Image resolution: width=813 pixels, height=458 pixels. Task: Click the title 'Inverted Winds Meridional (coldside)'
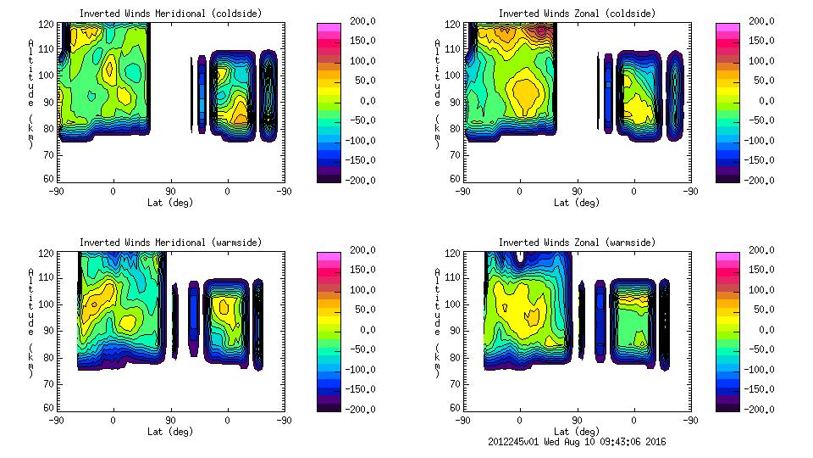coord(170,14)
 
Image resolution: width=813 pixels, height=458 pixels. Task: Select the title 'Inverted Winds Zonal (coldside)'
coord(577,14)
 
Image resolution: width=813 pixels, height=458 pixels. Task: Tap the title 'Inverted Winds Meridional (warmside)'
coord(170,243)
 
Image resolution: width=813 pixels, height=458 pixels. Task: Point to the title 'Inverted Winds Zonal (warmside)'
coord(577,243)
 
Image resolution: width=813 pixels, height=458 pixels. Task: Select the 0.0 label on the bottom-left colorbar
coord(360,329)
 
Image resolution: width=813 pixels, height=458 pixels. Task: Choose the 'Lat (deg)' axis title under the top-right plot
coord(577,203)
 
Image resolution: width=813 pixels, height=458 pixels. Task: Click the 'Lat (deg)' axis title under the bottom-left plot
coord(170,432)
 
